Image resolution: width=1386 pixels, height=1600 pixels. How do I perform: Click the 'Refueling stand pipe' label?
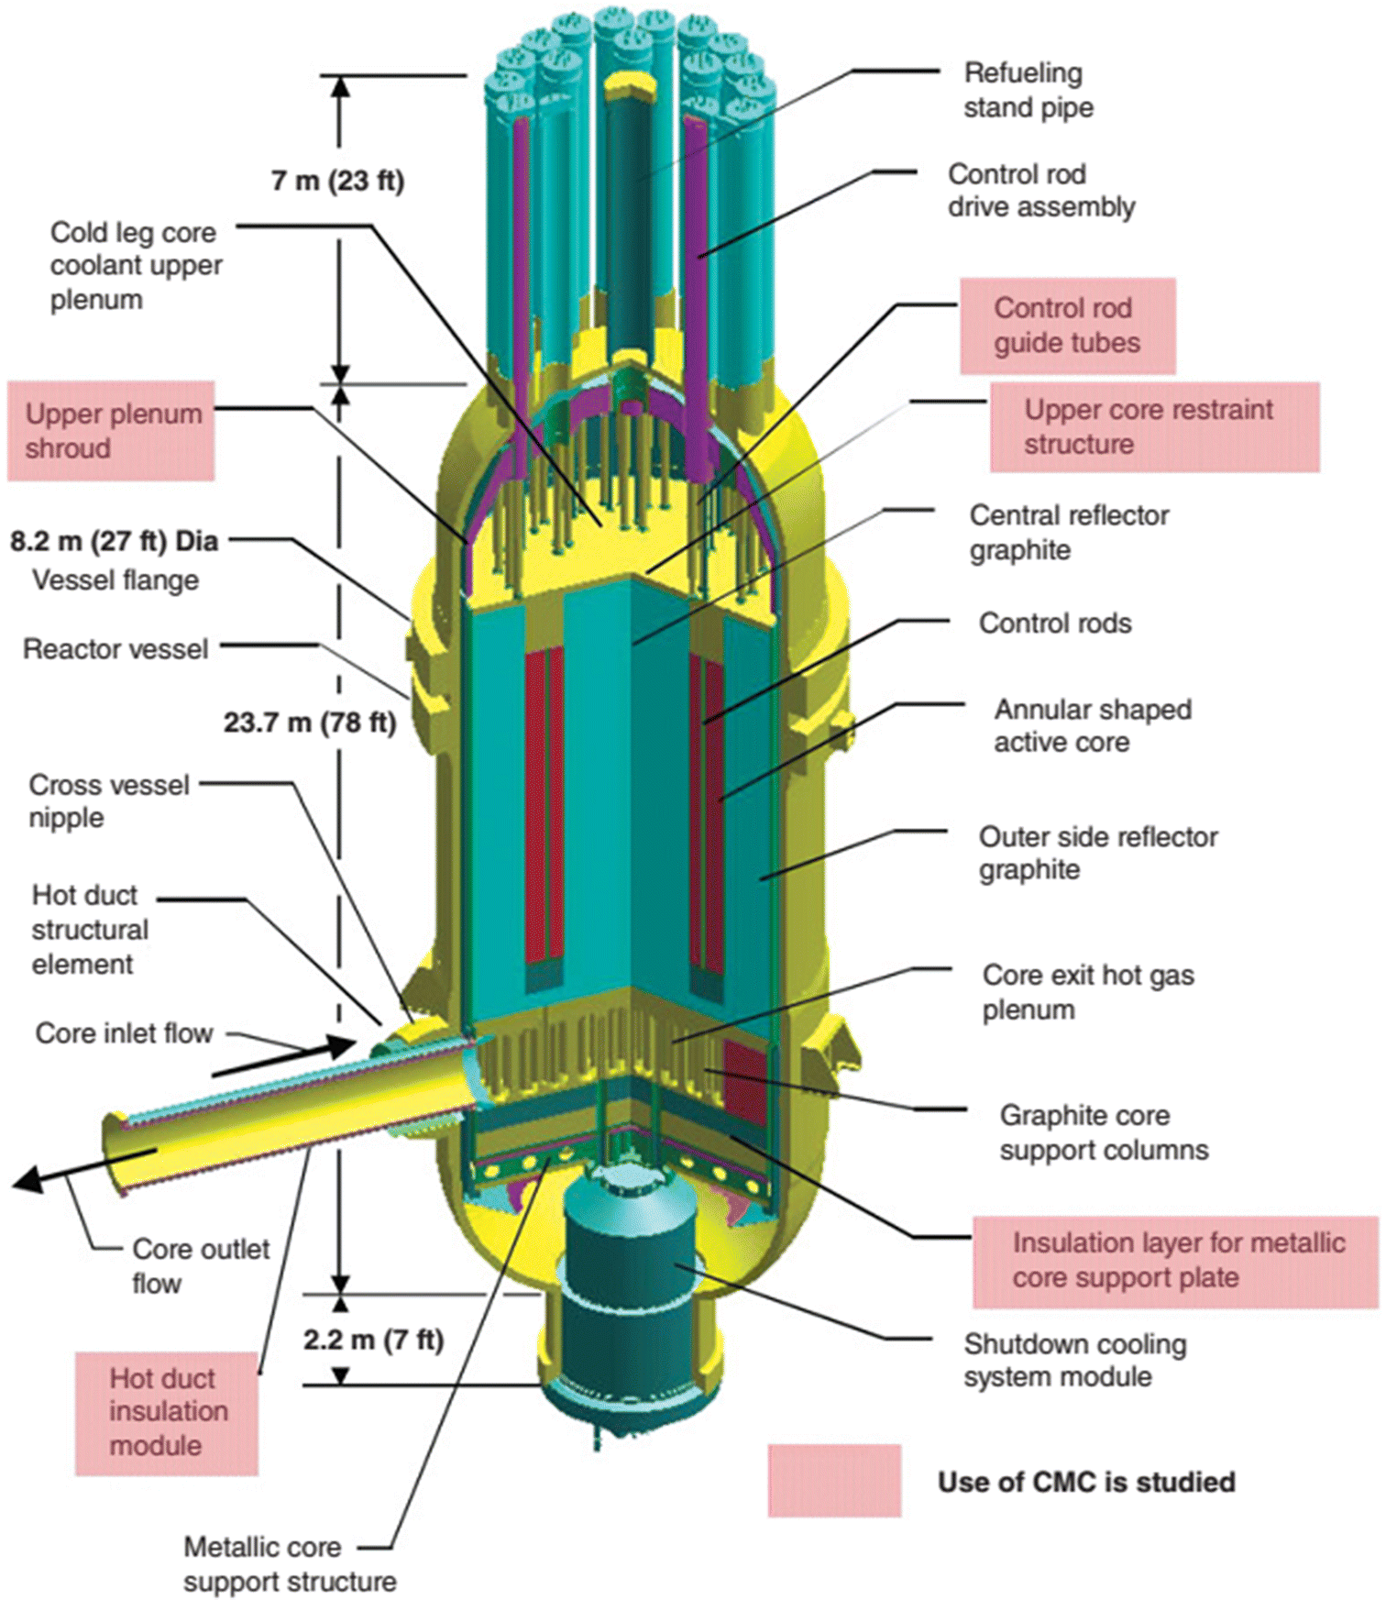(x=1028, y=90)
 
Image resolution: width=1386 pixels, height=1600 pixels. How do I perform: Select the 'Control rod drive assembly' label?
(x=1040, y=191)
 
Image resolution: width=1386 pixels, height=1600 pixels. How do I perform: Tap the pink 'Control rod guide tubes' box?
(x=1067, y=326)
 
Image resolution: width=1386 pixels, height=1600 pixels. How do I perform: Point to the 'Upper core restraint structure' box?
(x=1153, y=426)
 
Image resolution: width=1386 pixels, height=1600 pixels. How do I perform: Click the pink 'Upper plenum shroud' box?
(x=112, y=431)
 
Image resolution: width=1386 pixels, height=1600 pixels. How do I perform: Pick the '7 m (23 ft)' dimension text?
(x=337, y=181)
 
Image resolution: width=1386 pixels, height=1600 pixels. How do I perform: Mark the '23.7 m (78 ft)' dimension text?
(x=310, y=723)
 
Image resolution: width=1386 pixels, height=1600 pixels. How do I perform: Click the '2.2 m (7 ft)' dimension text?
(x=373, y=1340)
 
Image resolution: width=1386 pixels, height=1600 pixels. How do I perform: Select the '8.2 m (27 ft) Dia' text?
(x=115, y=541)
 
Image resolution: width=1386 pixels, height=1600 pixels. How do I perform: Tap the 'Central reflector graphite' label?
(x=1068, y=533)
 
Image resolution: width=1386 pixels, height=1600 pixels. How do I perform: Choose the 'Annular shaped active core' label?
(x=1092, y=725)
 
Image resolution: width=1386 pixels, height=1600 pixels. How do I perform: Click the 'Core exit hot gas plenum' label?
(x=1087, y=992)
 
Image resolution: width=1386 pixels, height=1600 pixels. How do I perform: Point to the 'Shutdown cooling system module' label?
(x=1074, y=1361)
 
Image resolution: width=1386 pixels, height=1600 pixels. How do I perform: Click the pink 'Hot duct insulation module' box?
(x=167, y=1412)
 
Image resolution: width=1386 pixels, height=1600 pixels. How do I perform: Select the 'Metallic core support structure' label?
(x=289, y=1564)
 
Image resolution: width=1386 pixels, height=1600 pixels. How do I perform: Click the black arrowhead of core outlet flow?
(x=27, y=1180)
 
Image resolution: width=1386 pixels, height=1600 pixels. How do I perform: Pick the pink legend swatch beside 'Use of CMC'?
(x=834, y=1481)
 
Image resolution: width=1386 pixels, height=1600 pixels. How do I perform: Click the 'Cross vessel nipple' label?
(x=108, y=800)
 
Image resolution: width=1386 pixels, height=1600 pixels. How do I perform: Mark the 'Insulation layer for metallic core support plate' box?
(x=1175, y=1261)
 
